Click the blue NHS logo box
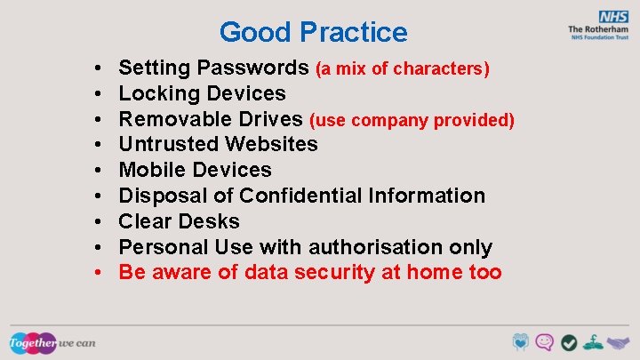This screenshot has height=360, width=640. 612,17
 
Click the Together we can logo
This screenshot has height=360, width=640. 52,342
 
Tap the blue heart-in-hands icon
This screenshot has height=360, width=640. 521,342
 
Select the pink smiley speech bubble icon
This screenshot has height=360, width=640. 545,342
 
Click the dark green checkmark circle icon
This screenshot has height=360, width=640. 570,342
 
